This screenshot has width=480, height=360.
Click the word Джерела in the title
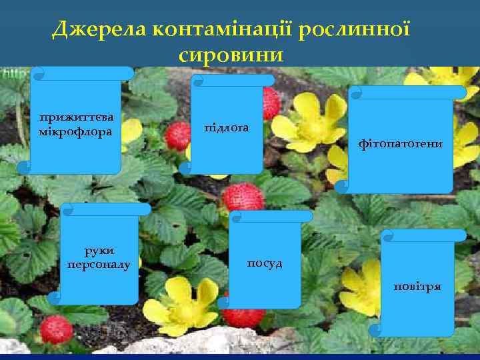click(99, 29)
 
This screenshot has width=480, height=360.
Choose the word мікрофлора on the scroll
click(75, 131)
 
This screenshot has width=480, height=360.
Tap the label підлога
click(227, 127)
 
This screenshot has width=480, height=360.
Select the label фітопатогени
click(400, 143)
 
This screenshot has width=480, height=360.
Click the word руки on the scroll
click(100, 250)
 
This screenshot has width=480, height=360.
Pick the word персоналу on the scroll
click(100, 265)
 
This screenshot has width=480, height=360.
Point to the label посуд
click(265, 263)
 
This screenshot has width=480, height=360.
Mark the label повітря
click(417, 286)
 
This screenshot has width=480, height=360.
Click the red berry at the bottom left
click(57, 329)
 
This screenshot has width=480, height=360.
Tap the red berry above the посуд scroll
click(243, 197)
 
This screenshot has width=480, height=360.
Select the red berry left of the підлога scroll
click(178, 135)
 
